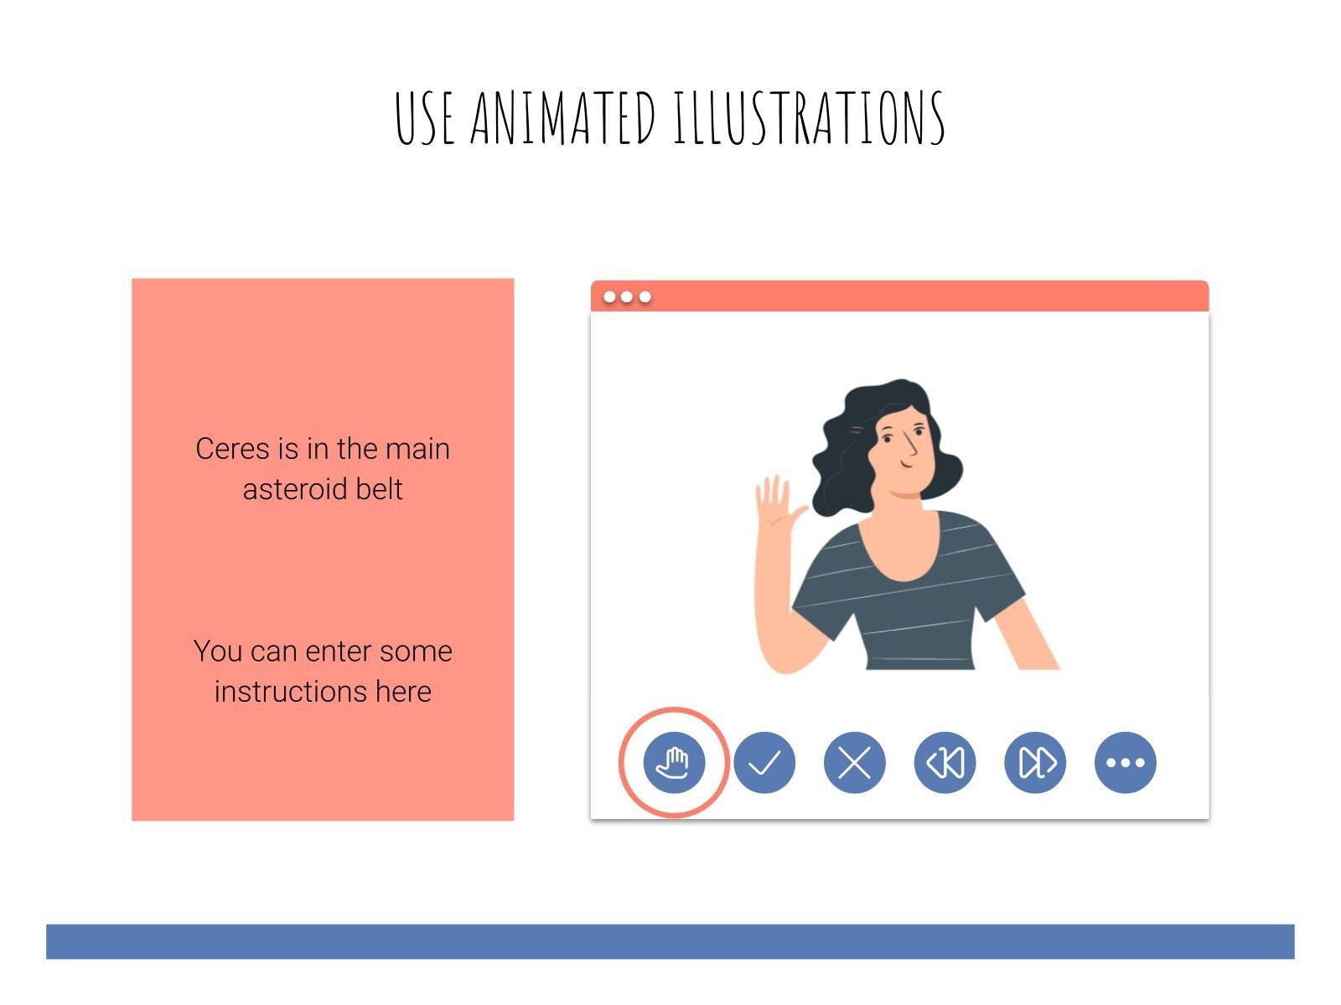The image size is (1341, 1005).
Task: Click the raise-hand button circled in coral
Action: (x=674, y=762)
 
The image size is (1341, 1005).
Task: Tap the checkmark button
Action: (x=764, y=762)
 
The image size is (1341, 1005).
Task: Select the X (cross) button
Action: (x=854, y=762)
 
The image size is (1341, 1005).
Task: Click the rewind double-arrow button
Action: (x=945, y=762)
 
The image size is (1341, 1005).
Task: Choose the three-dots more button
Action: (x=1125, y=762)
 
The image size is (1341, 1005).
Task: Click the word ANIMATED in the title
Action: (x=562, y=118)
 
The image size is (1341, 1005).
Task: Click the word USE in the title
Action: (x=425, y=118)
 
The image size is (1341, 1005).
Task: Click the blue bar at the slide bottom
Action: (x=670, y=941)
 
